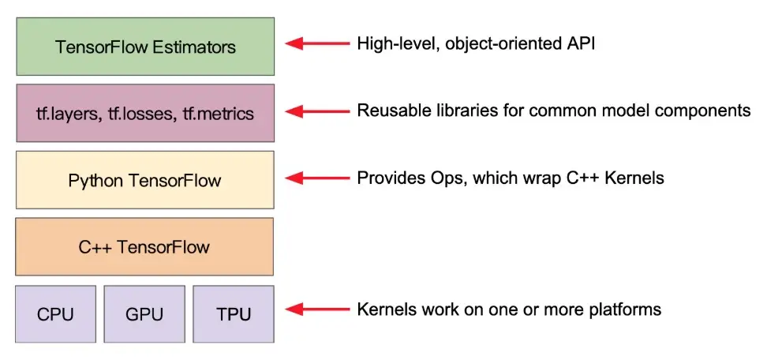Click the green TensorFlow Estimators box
pyautogui.click(x=145, y=47)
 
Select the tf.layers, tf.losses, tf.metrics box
pyautogui.click(x=145, y=114)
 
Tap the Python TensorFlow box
pyautogui.click(x=145, y=181)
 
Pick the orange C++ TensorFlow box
pyautogui.click(x=145, y=247)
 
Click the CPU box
pyautogui.click(x=55, y=314)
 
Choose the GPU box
pyautogui.click(x=144, y=314)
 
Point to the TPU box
pyautogui.click(x=234, y=314)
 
